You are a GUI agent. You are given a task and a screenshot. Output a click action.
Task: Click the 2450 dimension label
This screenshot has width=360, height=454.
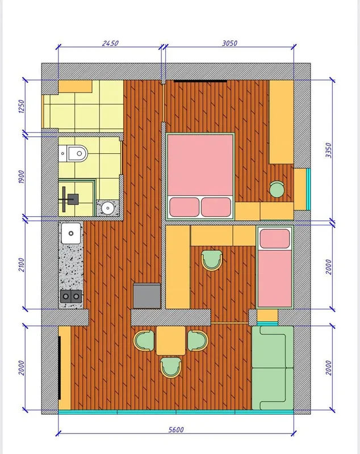pos(110,43)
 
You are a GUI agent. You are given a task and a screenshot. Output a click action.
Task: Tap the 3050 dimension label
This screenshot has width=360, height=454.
pos(229,43)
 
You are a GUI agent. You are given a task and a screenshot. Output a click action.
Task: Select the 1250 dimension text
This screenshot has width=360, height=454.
pos(22,106)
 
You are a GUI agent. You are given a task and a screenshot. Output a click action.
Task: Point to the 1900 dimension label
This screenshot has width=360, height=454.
pos(22,176)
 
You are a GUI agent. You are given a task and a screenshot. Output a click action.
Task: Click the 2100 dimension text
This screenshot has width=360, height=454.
pos(22,265)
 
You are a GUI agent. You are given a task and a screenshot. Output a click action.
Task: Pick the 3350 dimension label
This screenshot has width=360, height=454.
pos(328,150)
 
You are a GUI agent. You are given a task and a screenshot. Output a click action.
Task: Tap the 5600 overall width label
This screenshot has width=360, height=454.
pos(176,430)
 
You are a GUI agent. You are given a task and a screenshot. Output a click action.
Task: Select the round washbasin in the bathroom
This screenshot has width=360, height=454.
pos(108,207)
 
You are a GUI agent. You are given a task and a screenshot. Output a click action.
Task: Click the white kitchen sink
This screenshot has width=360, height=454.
pos(71,233)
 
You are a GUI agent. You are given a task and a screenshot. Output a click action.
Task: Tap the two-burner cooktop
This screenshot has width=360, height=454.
pos(71,296)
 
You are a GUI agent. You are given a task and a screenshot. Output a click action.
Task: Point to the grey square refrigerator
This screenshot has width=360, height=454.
pos(147,296)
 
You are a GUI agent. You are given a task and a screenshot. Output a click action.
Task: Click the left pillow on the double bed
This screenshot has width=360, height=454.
pos(185,207)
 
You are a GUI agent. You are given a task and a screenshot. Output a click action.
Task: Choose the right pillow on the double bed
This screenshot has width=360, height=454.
pos(216,207)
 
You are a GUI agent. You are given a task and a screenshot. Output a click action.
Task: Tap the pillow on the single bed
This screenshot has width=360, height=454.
pos(275,238)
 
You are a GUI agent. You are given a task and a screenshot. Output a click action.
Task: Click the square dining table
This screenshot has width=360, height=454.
pos(170,340)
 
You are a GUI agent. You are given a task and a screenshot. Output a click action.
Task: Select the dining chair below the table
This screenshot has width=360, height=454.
pos(171,367)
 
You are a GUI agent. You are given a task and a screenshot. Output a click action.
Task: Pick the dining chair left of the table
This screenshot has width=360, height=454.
pos(144,340)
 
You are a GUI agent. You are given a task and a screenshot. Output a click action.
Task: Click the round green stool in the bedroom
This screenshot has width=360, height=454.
pos(277,190)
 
